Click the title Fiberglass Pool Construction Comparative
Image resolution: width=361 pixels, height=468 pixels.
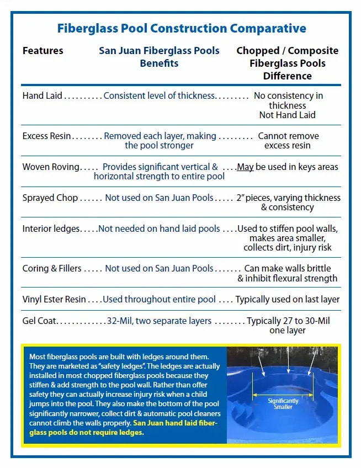click(x=181, y=28)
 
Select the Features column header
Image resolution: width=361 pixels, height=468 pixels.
click(x=43, y=51)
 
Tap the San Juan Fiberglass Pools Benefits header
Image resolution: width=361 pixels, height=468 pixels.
click(x=159, y=57)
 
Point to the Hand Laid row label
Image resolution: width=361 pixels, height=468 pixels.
click(x=43, y=95)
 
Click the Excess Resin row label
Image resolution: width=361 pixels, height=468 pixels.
click(x=46, y=136)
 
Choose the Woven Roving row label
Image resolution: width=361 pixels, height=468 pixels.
click(x=51, y=167)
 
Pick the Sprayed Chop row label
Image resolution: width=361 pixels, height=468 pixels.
click(x=50, y=198)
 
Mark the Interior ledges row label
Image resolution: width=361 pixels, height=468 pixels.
click(x=51, y=228)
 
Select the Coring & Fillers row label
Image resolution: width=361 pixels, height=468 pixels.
click(x=52, y=268)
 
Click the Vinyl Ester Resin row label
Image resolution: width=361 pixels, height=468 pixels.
click(x=54, y=299)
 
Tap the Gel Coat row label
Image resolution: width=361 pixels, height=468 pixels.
click(x=39, y=321)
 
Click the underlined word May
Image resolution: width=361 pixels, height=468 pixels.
click(x=245, y=167)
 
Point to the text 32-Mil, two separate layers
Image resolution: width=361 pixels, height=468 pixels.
click(x=159, y=321)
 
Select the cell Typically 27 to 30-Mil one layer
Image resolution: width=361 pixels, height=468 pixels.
click(x=288, y=326)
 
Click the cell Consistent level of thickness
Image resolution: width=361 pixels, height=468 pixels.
click(x=159, y=95)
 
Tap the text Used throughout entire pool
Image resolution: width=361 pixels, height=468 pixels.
click(x=159, y=299)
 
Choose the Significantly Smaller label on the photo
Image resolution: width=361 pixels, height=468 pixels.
click(x=283, y=403)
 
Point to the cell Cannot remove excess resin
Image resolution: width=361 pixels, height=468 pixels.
click(x=288, y=141)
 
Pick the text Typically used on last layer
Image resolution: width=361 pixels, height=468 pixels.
click(x=288, y=299)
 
